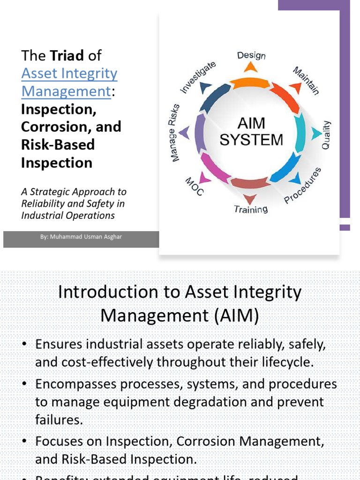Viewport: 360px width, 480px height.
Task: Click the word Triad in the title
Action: click(x=67, y=56)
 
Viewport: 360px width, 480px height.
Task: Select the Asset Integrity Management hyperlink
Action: click(x=69, y=82)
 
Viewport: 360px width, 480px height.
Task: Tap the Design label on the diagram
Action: click(x=251, y=55)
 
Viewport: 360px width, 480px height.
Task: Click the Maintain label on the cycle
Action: click(x=306, y=81)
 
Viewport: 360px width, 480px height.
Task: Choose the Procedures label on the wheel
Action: click(x=303, y=186)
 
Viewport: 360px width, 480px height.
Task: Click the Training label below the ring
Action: click(x=251, y=209)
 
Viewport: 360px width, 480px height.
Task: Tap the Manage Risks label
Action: click(x=175, y=133)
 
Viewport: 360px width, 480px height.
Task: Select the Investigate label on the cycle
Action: click(x=198, y=77)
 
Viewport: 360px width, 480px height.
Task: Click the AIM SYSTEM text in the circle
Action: click(x=251, y=132)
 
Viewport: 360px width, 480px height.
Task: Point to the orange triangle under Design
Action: click(x=251, y=67)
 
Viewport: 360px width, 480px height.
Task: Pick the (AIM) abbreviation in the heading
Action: click(x=238, y=316)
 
